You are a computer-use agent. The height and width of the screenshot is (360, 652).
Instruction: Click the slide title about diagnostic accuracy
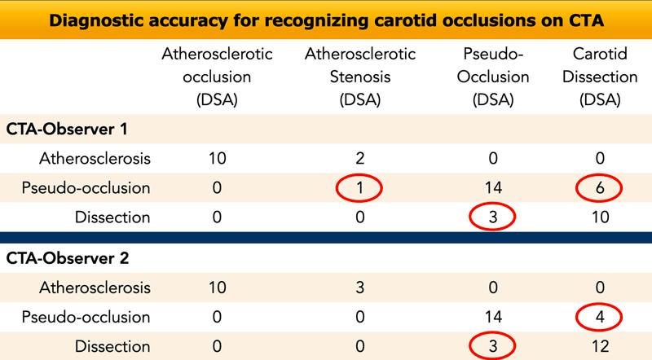(326, 20)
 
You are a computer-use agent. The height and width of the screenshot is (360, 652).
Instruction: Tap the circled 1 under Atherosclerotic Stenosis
(360, 187)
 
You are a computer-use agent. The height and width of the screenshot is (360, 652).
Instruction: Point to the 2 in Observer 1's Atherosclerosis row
(360, 158)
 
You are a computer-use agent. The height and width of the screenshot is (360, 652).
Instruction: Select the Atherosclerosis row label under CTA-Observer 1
(101, 158)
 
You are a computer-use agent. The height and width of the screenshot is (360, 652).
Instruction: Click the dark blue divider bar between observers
(326, 237)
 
